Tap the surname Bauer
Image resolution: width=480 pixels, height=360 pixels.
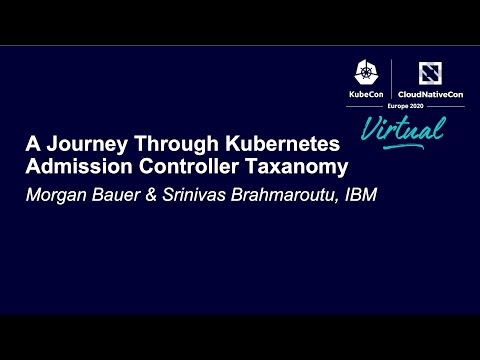(x=117, y=194)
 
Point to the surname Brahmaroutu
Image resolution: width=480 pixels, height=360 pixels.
(x=285, y=194)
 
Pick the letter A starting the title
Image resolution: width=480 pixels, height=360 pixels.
(x=33, y=144)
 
